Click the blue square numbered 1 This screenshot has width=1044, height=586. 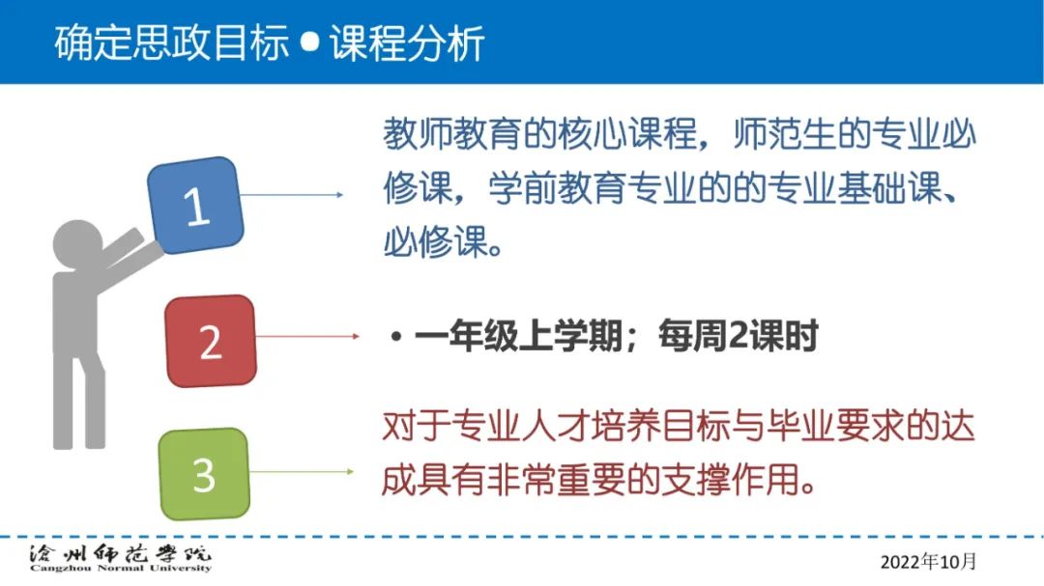(x=195, y=205)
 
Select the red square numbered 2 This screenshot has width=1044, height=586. (x=211, y=341)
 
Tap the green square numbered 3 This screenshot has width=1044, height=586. (x=204, y=474)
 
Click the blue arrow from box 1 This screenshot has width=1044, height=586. (x=292, y=195)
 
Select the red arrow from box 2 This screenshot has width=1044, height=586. (x=307, y=337)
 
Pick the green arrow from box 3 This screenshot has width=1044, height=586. (x=302, y=471)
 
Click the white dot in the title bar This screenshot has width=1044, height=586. (x=309, y=42)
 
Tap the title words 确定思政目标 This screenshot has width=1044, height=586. (x=172, y=42)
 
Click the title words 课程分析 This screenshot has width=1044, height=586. (x=407, y=42)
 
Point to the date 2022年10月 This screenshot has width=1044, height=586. (x=928, y=562)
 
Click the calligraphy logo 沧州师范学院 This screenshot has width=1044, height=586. (x=120, y=553)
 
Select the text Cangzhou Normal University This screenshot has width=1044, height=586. (x=121, y=568)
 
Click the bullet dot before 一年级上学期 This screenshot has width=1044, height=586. (x=397, y=337)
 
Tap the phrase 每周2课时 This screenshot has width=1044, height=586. (x=738, y=335)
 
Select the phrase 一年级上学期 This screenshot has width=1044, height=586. (x=519, y=335)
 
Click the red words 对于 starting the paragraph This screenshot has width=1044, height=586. (x=416, y=426)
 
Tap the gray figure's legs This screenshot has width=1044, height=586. (x=78, y=399)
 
